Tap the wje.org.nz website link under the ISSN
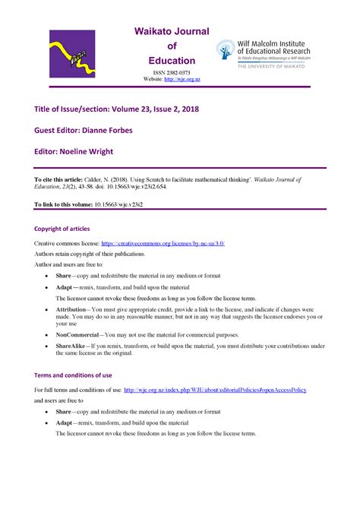pyautogui.click(x=182, y=80)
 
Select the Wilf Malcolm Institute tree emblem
pyautogui.click(x=226, y=52)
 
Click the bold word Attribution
pyautogui.click(x=71, y=310)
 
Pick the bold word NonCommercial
pyautogui.click(x=75, y=334)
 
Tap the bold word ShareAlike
pyautogui.click(x=71, y=346)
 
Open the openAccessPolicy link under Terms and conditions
pyautogui.click(x=215, y=390)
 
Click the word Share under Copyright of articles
pyautogui.click(x=64, y=276)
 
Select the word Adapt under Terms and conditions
pyautogui.click(x=65, y=422)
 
